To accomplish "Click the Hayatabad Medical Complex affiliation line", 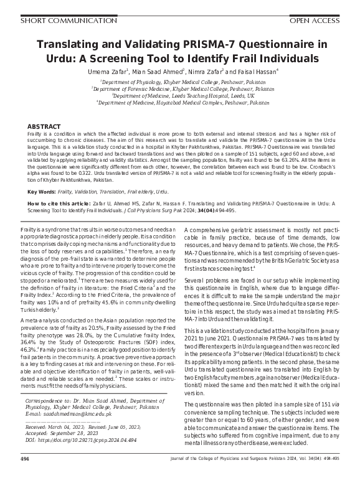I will pos(179,104).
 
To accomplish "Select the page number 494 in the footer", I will pos(25,459).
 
